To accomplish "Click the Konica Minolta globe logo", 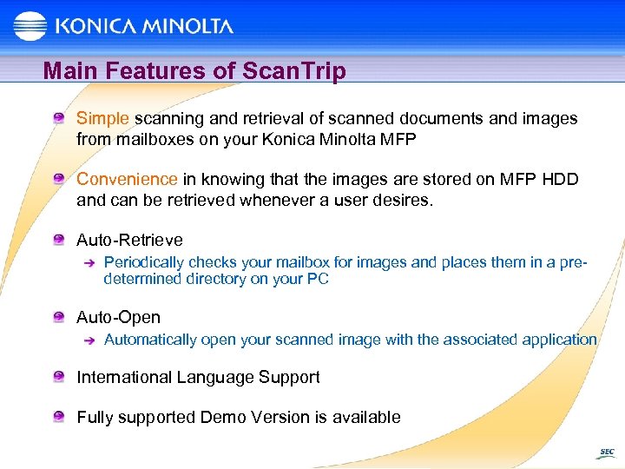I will (30, 26).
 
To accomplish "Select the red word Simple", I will (102, 118).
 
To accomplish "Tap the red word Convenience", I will (127, 179).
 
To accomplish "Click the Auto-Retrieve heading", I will (129, 240).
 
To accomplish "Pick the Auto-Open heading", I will (118, 318).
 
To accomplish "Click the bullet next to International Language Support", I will (58, 377).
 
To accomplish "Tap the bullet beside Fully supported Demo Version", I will (58, 417).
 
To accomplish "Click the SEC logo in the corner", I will (606, 452).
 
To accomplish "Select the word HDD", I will (559, 179).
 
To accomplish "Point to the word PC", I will (319, 279).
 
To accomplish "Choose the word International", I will (124, 377).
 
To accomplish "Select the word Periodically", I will (144, 262).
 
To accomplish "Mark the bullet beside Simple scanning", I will (58, 118).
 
